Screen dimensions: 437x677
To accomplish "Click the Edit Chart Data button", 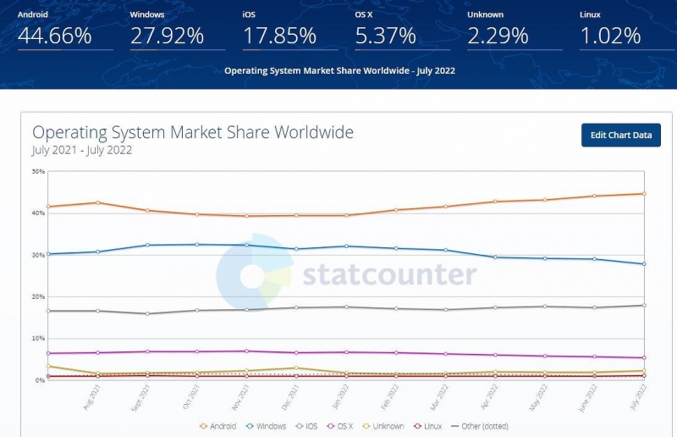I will click(x=620, y=136).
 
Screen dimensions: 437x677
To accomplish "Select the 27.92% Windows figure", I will click(x=167, y=36).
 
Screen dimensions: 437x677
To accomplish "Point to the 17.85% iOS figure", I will click(x=279, y=36).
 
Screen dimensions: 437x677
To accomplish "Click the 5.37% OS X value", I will click(x=385, y=36).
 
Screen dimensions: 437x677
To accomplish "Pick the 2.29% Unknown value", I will click(x=498, y=36).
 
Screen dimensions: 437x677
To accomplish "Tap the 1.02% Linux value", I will click(x=610, y=36).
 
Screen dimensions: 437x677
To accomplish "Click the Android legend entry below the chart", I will click(x=219, y=426).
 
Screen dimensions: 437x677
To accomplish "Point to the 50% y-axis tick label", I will click(x=38, y=171).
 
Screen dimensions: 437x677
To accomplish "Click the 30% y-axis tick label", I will click(x=38, y=255).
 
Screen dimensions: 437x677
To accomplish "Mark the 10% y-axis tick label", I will click(x=38, y=339).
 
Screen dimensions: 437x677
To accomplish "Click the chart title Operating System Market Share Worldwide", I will click(x=193, y=133).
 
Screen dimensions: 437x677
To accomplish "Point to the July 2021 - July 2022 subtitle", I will click(x=82, y=151).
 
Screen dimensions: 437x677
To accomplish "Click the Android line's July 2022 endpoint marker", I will click(x=644, y=194).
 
